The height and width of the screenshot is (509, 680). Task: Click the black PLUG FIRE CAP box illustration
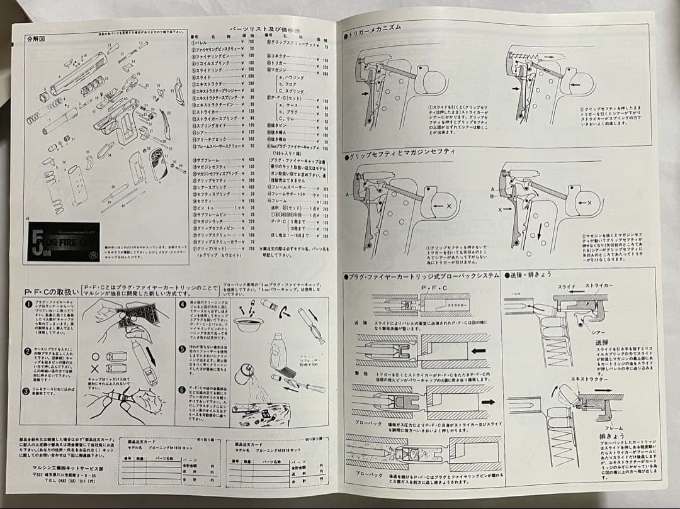click(x=65, y=241)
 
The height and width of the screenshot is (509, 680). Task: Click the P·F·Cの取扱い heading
click(x=51, y=292)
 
